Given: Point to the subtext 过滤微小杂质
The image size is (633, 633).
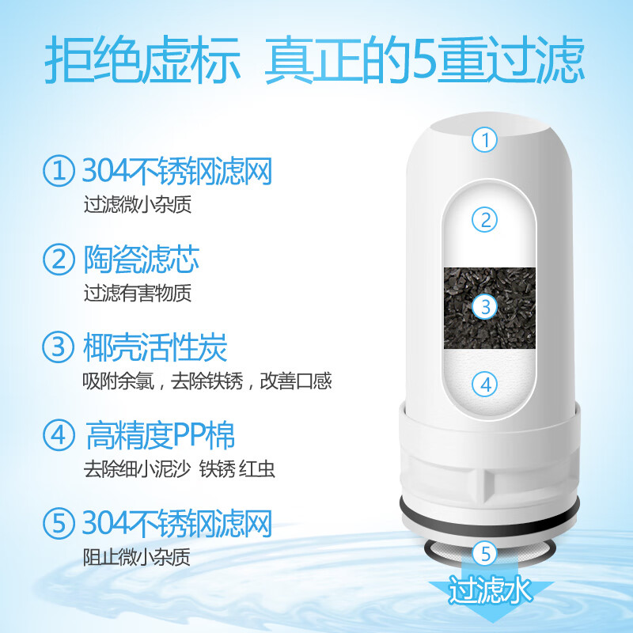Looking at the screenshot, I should click(x=138, y=205).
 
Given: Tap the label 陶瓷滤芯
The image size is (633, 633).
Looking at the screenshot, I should click(x=140, y=259).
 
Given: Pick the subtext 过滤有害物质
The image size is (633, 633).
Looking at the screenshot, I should click(x=138, y=293).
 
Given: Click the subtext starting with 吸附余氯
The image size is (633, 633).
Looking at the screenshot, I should click(x=207, y=381).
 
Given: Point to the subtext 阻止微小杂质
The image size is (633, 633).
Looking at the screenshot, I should click(x=138, y=557).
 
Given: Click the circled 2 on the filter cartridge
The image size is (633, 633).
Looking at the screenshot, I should click(x=485, y=219).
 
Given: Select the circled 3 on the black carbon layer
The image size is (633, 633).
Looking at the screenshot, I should click(x=486, y=305).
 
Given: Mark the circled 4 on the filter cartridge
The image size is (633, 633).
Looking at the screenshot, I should click(x=485, y=385).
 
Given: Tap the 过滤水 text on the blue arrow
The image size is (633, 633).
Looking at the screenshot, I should click(x=485, y=589).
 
